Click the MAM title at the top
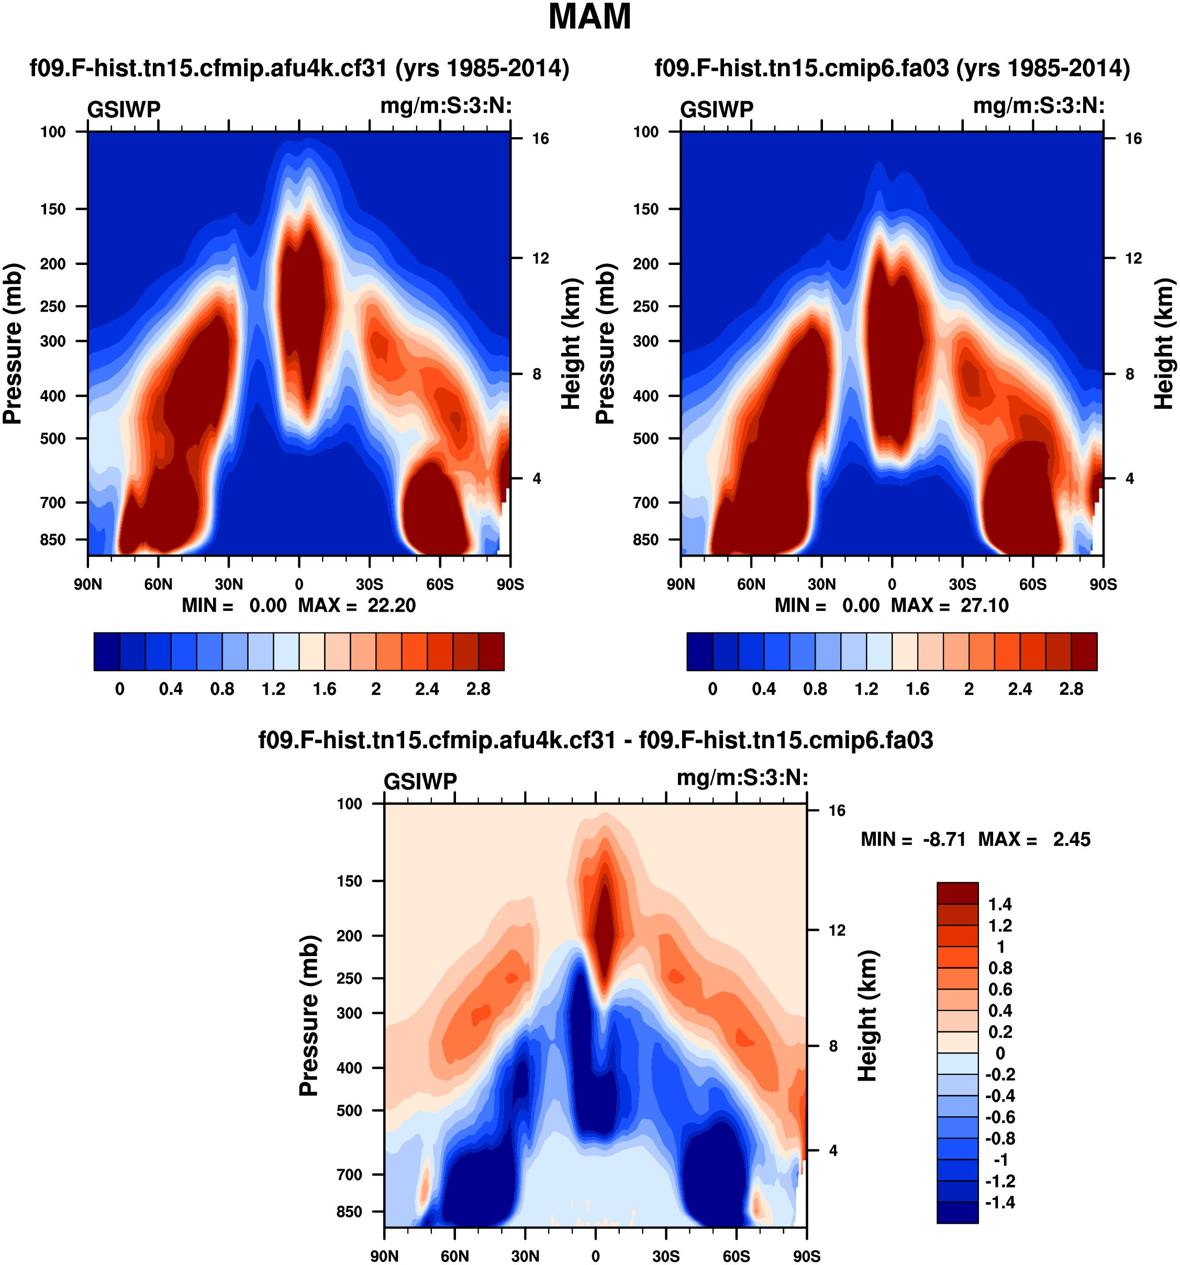[589, 17]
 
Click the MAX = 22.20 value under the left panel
[357, 605]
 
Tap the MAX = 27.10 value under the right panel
[950, 605]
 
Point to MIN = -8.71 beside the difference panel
[913, 839]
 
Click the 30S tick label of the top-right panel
[962, 584]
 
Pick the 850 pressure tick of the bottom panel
[349, 1212]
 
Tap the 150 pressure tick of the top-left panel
[53, 209]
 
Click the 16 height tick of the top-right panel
[1133, 139]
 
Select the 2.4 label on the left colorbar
[427, 689]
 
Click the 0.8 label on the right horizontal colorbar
[815, 689]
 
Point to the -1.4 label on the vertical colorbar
[999, 1202]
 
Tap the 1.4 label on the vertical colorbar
[1000, 904]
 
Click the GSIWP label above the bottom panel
[420, 781]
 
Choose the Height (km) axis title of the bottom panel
[867, 1016]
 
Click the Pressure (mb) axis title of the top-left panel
[13, 343]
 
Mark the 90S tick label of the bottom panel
[807, 1256]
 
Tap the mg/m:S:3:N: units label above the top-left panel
[446, 106]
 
